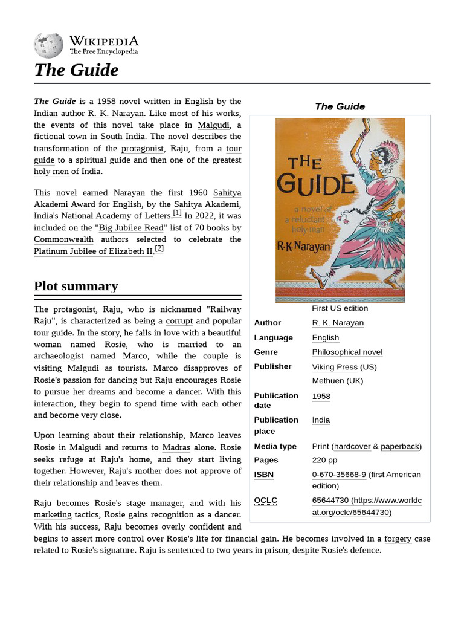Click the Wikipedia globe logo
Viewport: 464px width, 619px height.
[x=48, y=45]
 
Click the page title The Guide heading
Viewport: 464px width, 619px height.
[x=76, y=70]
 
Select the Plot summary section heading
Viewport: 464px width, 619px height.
[x=76, y=286]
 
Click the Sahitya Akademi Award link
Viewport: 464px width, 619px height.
[x=137, y=198]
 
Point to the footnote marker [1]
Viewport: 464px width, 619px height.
[x=177, y=213]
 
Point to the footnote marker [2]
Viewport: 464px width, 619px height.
[x=159, y=248]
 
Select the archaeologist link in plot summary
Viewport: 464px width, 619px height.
[x=59, y=356]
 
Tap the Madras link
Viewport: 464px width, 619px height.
[x=176, y=448]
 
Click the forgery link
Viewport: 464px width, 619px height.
[x=398, y=539]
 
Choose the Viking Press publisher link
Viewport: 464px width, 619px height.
[x=335, y=367]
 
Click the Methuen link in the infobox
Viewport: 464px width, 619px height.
[x=328, y=381]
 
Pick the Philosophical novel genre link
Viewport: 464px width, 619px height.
[x=347, y=352]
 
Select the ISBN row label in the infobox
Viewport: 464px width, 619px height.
[x=263, y=475]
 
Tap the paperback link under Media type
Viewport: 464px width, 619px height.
[x=399, y=446]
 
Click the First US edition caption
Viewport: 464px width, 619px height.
[x=340, y=308]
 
